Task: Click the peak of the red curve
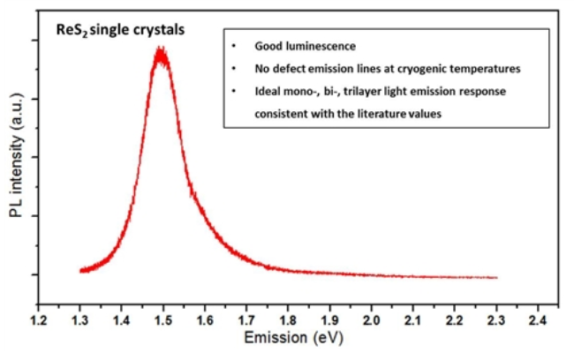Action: (160, 50)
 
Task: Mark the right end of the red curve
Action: (497, 278)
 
